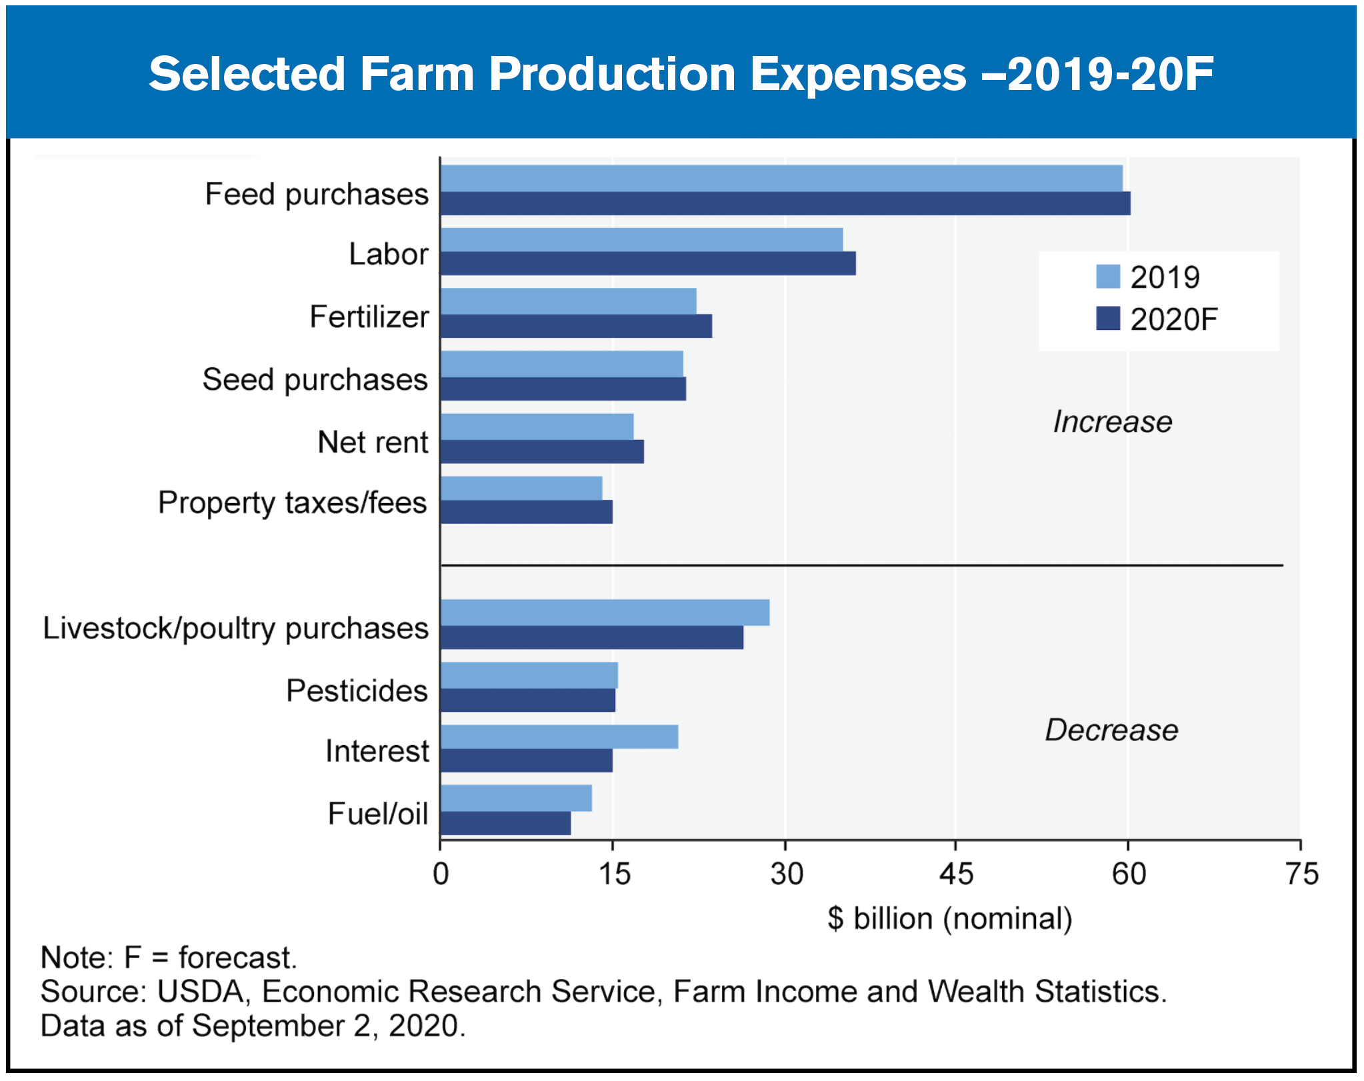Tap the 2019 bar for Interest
tap(559, 737)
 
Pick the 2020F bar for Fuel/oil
tap(506, 824)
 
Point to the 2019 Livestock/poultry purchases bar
tap(605, 612)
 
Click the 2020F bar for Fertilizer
tap(576, 327)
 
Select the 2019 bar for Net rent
tap(537, 427)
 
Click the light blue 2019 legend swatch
tap(1108, 277)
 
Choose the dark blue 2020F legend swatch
tap(1108, 319)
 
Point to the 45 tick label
tap(956, 874)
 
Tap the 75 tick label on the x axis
tap(1301, 874)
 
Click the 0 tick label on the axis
tap(441, 874)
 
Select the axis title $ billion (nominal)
tap(950, 919)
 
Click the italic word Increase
tap(1112, 422)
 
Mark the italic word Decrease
tap(1111, 730)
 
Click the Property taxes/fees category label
tap(292, 503)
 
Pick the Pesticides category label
tap(357, 691)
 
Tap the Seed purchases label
tap(315, 380)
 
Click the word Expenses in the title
tap(858, 73)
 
